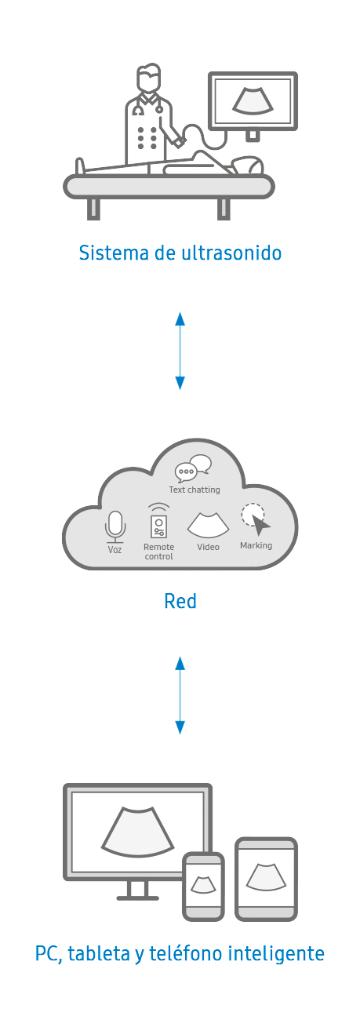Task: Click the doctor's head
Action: pyautogui.click(x=148, y=78)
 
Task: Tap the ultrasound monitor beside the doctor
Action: pyautogui.click(x=253, y=102)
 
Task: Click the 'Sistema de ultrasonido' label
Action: pyautogui.click(x=180, y=253)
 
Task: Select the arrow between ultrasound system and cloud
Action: pyautogui.click(x=180, y=351)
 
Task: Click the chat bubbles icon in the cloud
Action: pyautogui.click(x=193, y=468)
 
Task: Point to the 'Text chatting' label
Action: pyautogui.click(x=195, y=490)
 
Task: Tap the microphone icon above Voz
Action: pyautogui.click(x=115, y=526)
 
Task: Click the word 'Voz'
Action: pyautogui.click(x=115, y=550)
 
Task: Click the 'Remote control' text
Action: pyautogui.click(x=158, y=552)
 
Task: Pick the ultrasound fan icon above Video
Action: pyautogui.click(x=208, y=526)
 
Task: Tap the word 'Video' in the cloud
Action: pyautogui.click(x=208, y=547)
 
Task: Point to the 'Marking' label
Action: pyautogui.click(x=256, y=545)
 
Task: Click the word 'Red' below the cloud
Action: pyautogui.click(x=180, y=602)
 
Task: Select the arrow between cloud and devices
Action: pyautogui.click(x=180, y=695)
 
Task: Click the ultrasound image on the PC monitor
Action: pyautogui.click(x=137, y=832)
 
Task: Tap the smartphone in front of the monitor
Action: pyautogui.click(x=203, y=887)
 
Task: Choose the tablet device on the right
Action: pyautogui.click(x=266, y=879)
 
